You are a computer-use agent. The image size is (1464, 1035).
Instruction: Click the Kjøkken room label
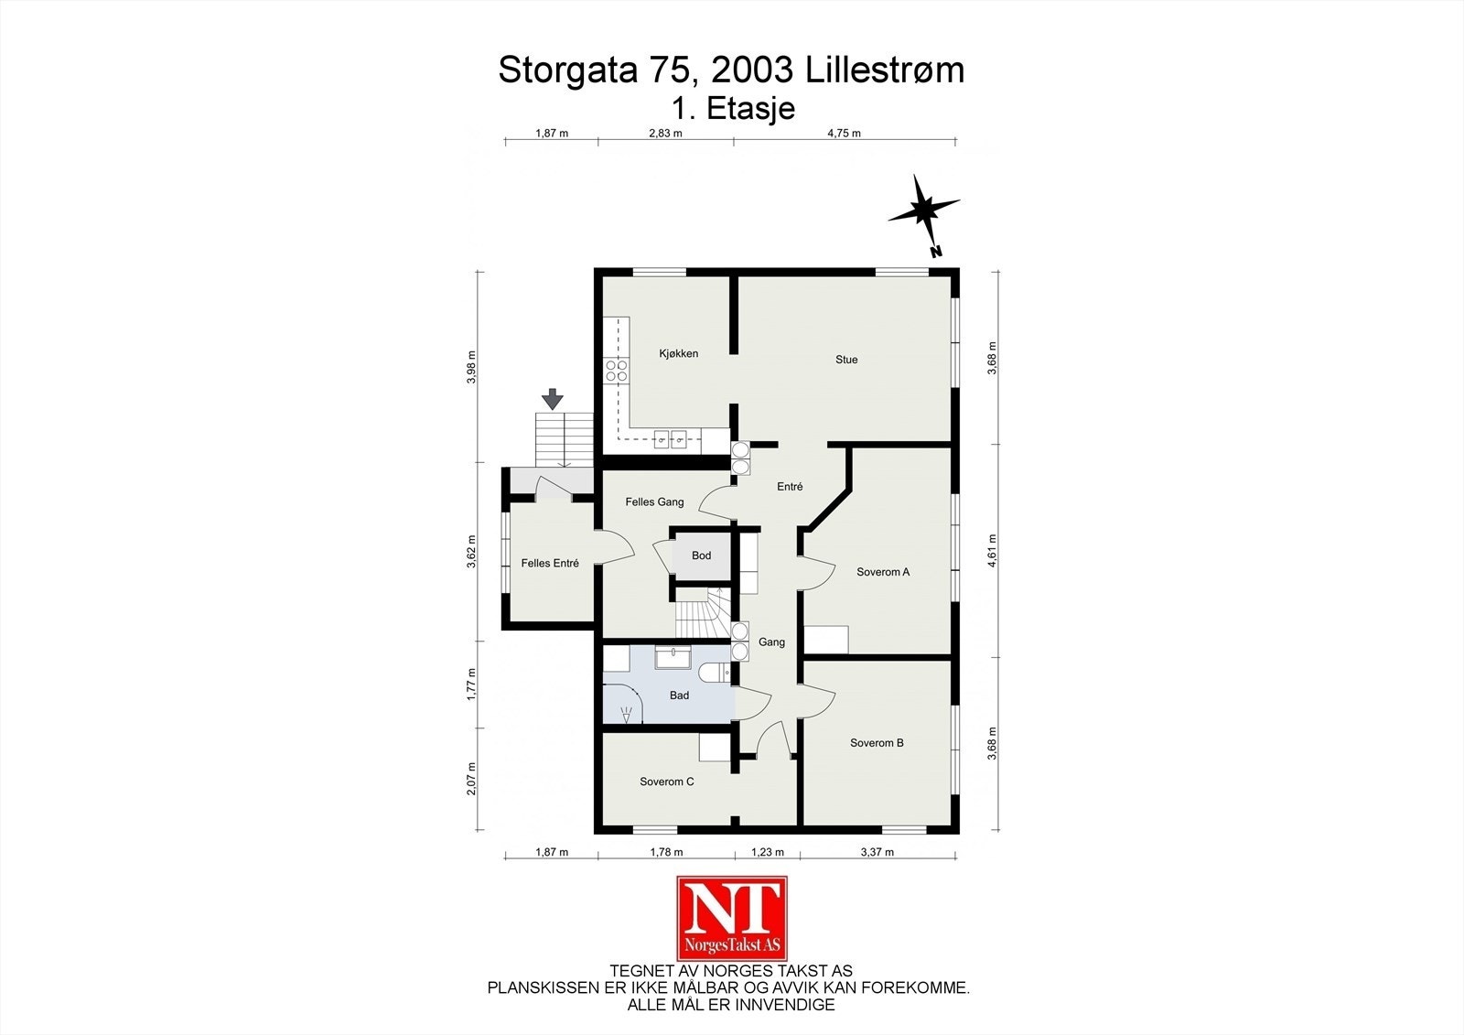678,353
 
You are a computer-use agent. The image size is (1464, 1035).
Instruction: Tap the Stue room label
846,360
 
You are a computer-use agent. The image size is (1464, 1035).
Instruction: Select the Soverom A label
883,572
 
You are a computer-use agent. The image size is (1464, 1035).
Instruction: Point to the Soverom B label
877,743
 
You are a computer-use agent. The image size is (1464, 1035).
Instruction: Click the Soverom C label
666,782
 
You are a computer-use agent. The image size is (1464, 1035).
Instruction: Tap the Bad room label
679,695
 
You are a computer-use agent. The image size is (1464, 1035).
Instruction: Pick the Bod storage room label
701,555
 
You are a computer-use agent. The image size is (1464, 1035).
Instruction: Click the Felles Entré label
550,564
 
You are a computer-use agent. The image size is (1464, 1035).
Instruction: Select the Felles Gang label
654,501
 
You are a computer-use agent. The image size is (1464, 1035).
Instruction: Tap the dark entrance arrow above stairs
552,399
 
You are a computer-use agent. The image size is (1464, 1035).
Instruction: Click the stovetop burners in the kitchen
617,370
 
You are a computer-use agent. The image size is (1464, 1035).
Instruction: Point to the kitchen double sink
670,439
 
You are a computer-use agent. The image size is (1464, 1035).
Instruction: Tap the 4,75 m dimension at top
844,133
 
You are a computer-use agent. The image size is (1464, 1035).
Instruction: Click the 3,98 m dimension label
471,367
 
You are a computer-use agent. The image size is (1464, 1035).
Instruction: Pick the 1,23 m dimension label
768,852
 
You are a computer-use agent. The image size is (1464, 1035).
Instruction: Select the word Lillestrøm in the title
885,70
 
